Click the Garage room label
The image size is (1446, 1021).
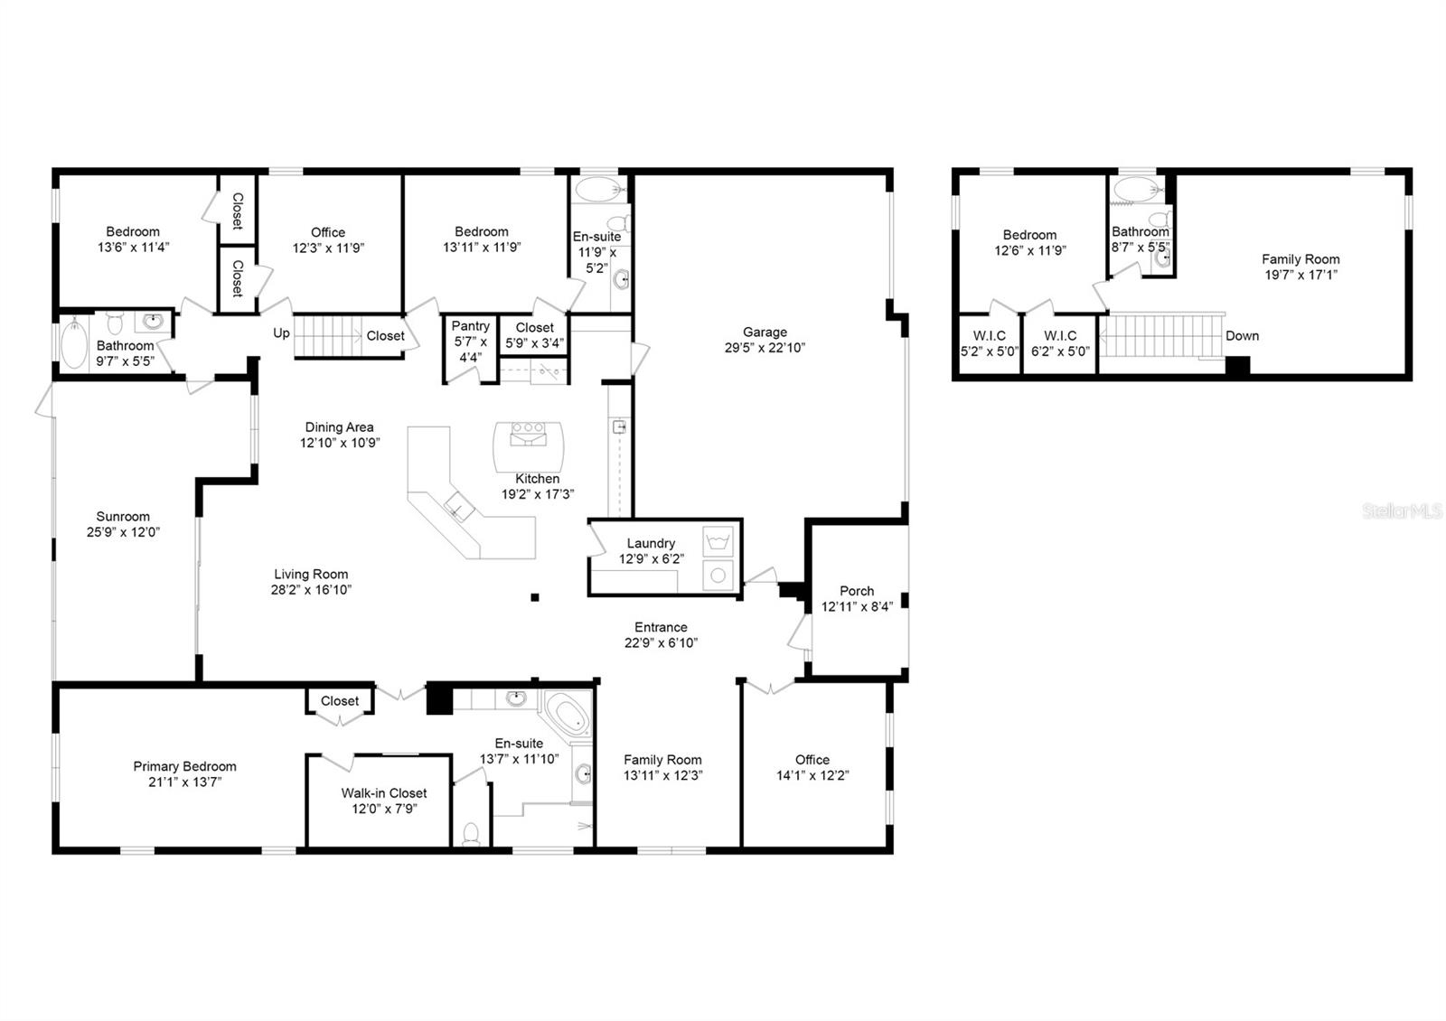(765, 332)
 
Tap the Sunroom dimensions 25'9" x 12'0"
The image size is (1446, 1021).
(123, 532)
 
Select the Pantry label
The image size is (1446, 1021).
(470, 326)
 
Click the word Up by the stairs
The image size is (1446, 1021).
(281, 333)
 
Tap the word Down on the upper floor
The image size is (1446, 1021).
(1242, 335)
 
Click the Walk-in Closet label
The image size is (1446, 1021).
(384, 793)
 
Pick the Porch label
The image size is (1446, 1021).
(856, 591)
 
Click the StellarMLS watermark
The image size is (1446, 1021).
(1402, 511)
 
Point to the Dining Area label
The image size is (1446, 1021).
(339, 427)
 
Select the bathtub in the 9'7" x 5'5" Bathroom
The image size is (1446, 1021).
(74, 344)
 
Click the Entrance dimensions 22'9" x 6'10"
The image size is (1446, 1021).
(661, 643)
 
